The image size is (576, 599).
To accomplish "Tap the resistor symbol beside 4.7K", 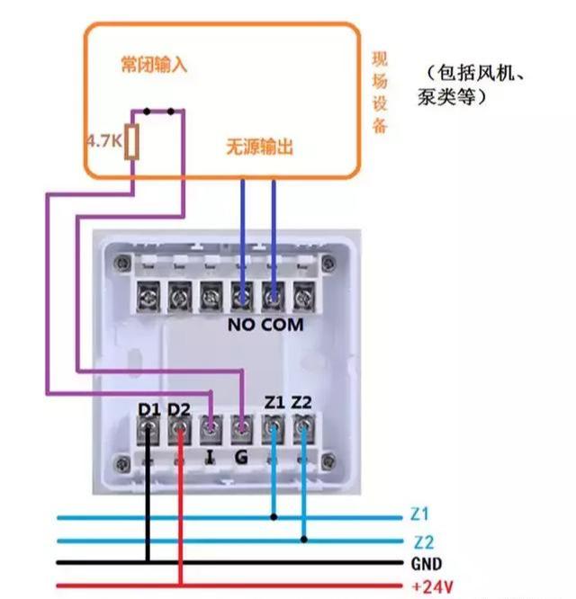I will [132, 142].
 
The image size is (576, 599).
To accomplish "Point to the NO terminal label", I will [242, 325].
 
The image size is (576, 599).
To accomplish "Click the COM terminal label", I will [283, 325].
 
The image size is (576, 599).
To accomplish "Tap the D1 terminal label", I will [149, 410].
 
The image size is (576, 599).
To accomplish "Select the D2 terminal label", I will [180, 410].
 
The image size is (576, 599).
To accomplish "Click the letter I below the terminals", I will [211, 457].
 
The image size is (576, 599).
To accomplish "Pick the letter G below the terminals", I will [241, 457].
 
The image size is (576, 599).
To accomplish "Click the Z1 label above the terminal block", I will [274, 403].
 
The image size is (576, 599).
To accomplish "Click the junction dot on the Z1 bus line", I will [274, 517].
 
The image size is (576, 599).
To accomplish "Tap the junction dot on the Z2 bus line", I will [303, 540].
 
